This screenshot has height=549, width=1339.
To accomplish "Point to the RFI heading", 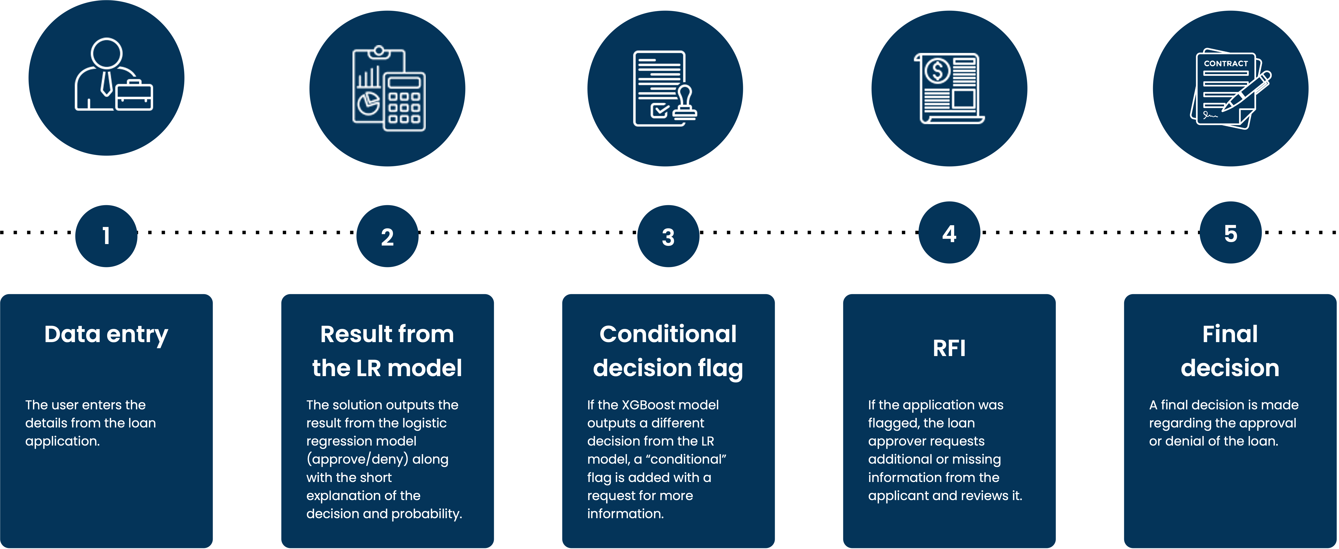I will [949, 348].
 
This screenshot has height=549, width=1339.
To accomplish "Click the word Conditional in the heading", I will [668, 334].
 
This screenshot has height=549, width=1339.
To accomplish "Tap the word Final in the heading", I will [1230, 334].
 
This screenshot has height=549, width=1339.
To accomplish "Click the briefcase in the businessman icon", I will [134, 96].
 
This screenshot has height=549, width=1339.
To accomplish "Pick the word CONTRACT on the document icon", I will [1226, 63].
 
